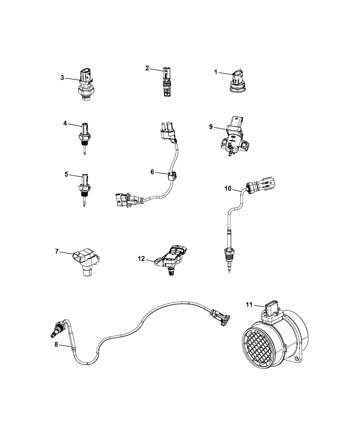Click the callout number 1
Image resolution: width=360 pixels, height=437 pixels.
216,72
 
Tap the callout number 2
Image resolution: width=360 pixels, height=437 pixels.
147,68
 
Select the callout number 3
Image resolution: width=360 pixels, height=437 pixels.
62,78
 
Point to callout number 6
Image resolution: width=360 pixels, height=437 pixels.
152,172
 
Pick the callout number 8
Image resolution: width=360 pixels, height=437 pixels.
56,345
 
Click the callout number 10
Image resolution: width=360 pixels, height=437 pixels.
228,189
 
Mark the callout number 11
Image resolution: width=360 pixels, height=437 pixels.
249,304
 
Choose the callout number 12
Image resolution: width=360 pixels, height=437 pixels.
141,259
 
